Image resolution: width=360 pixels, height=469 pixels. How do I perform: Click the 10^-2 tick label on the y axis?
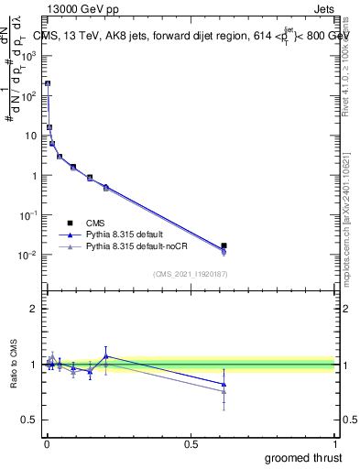point(28,255)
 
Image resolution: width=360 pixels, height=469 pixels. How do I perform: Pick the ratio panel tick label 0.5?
point(29,420)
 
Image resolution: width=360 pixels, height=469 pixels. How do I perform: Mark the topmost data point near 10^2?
point(48,83)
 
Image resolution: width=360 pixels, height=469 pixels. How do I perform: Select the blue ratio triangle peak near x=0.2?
point(106,356)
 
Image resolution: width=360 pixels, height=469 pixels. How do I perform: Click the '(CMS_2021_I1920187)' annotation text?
point(190,274)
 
